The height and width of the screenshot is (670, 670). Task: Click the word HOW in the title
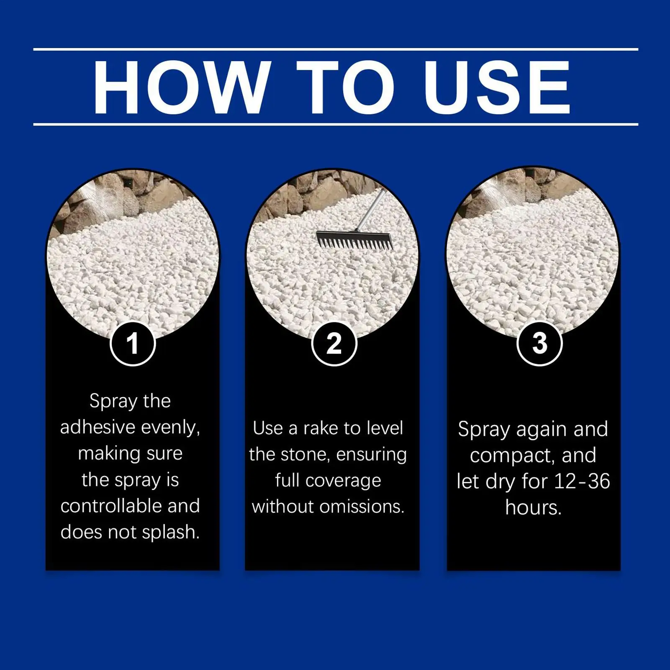(180, 87)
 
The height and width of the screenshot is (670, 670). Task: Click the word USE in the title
(497, 87)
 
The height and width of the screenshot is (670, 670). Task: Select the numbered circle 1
(133, 343)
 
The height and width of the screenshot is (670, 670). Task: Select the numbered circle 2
(334, 343)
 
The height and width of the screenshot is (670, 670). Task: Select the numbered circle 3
(539, 343)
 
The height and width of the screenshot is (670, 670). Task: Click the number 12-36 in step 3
(582, 481)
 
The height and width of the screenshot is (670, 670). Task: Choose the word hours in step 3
(533, 508)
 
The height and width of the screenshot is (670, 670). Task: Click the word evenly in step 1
(170, 427)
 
